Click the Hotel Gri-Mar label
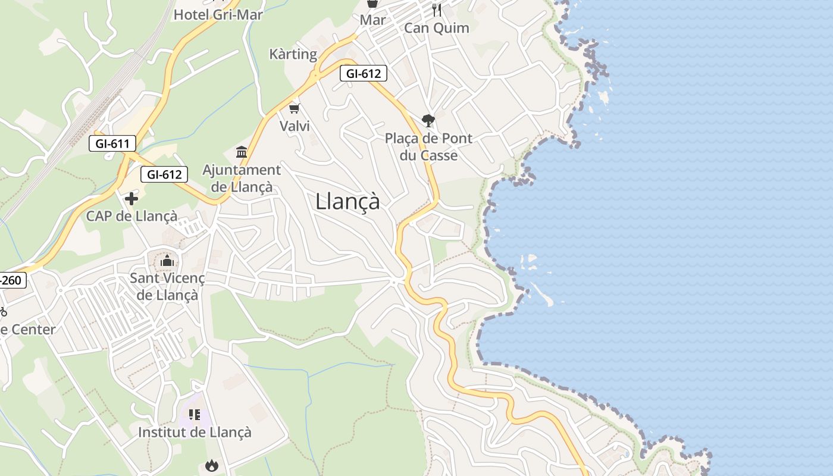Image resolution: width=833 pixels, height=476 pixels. tap(218, 15)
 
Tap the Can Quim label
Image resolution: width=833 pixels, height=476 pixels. tap(437, 28)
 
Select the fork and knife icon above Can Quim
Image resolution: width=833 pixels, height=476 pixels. tap(437, 10)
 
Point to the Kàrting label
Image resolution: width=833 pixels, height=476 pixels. tap(293, 54)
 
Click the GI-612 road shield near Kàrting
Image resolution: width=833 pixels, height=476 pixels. tap(364, 74)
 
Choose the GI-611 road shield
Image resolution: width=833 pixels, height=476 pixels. tap(112, 143)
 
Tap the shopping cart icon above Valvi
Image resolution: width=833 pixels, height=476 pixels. tap(294, 108)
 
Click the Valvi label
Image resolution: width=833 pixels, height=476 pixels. tap(295, 126)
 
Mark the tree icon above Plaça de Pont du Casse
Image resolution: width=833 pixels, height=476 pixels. tap(428, 121)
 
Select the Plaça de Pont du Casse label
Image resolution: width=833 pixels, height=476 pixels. tap(428, 147)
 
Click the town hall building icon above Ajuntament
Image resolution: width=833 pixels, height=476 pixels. tap(242, 152)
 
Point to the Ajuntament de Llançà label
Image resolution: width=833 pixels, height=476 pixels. tap(242, 178)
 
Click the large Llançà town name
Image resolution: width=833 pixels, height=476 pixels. tap(347, 201)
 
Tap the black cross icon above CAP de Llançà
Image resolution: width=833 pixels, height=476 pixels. tap(131, 198)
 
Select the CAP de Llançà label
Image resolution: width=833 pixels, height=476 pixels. tap(131, 216)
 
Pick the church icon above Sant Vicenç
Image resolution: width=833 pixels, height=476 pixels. tap(167, 261)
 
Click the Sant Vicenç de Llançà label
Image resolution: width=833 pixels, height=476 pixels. tap(167, 286)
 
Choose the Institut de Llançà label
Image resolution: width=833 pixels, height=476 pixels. tap(195, 432)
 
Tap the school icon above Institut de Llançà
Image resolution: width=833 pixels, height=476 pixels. tap(195, 414)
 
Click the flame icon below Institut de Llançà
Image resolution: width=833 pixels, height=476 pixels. tap(211, 465)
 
